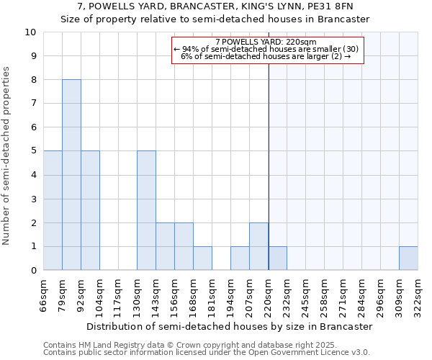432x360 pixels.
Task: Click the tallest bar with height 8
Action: pyautogui.click(x=71, y=175)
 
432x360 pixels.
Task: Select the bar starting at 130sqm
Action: pyautogui.click(x=146, y=210)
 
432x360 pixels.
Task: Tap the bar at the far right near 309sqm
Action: pyautogui.click(x=408, y=258)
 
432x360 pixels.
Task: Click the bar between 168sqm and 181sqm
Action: pyautogui.click(x=202, y=258)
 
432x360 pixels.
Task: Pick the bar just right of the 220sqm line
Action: pyautogui.click(x=278, y=258)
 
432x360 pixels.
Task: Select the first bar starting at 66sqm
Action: pyautogui.click(x=53, y=210)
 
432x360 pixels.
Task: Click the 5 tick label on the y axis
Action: pyautogui.click(x=33, y=151)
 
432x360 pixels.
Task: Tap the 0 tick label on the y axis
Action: pyautogui.click(x=33, y=271)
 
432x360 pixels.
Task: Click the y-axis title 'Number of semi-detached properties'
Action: pyautogui.click(x=7, y=156)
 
